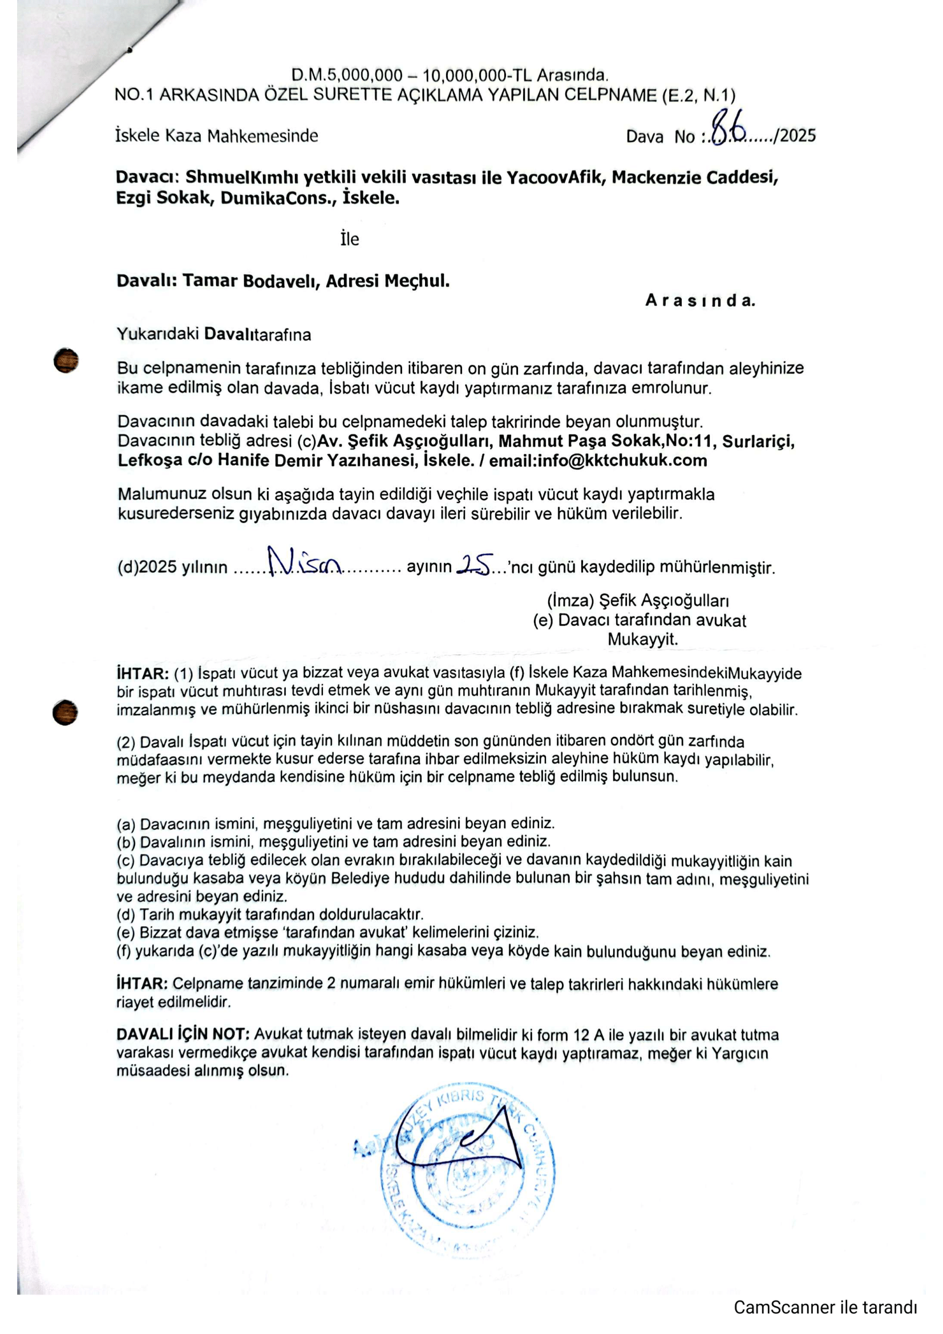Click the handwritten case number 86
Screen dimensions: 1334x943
tap(730, 128)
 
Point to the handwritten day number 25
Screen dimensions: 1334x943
tap(476, 563)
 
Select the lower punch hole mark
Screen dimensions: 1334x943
tap(64, 712)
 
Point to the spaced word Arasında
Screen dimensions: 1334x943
tap(700, 301)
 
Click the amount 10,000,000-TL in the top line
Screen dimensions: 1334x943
tap(477, 75)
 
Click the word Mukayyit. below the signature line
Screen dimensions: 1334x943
tap(642, 639)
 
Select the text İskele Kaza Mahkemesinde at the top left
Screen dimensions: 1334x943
tap(217, 136)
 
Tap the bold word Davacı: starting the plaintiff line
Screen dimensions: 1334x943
tap(149, 177)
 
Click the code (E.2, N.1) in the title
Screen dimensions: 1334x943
tap(698, 95)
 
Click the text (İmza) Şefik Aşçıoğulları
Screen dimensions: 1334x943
tap(638, 600)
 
